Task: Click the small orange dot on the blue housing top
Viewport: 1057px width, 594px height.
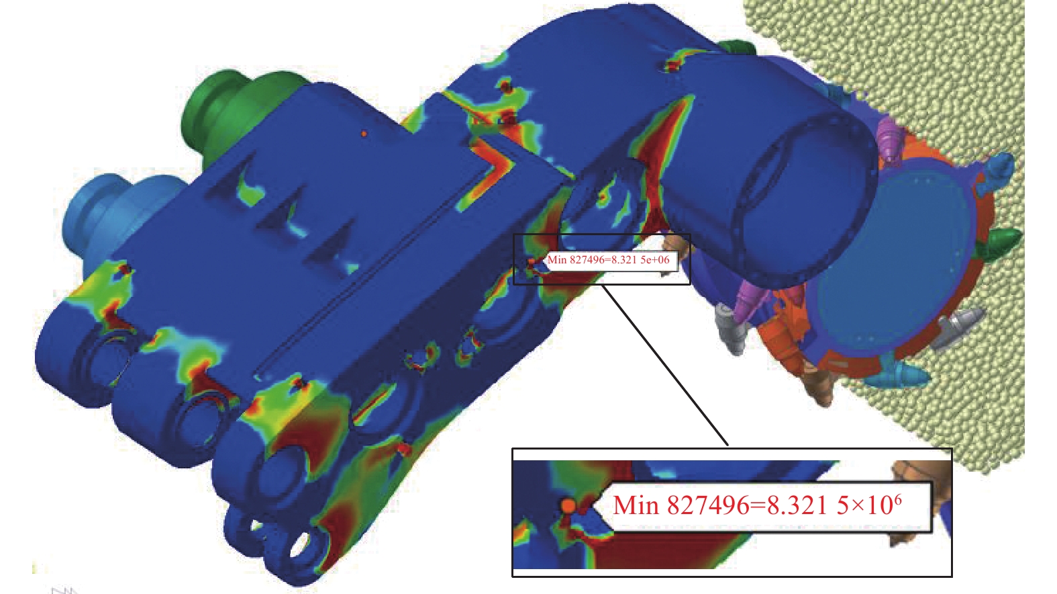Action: pyautogui.click(x=364, y=134)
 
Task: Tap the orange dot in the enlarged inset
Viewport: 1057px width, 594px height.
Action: pyautogui.click(x=568, y=505)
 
